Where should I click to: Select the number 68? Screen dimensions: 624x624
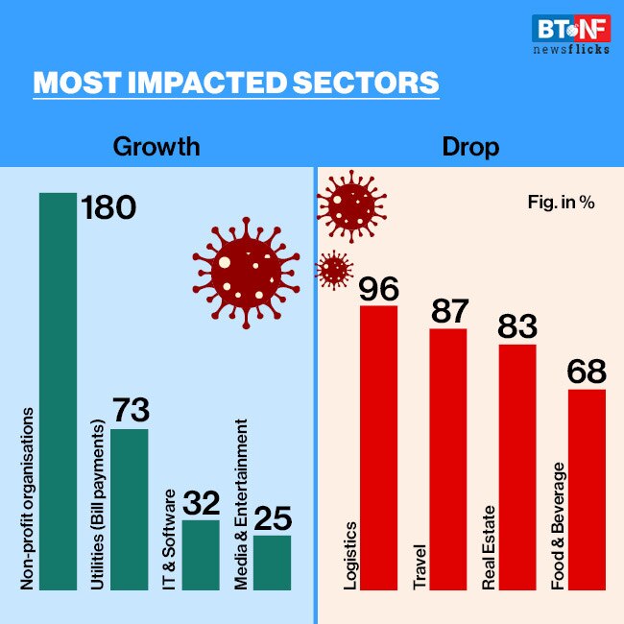point(588,372)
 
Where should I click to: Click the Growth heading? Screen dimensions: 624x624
point(156,147)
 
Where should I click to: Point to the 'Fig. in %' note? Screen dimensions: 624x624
point(561,204)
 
